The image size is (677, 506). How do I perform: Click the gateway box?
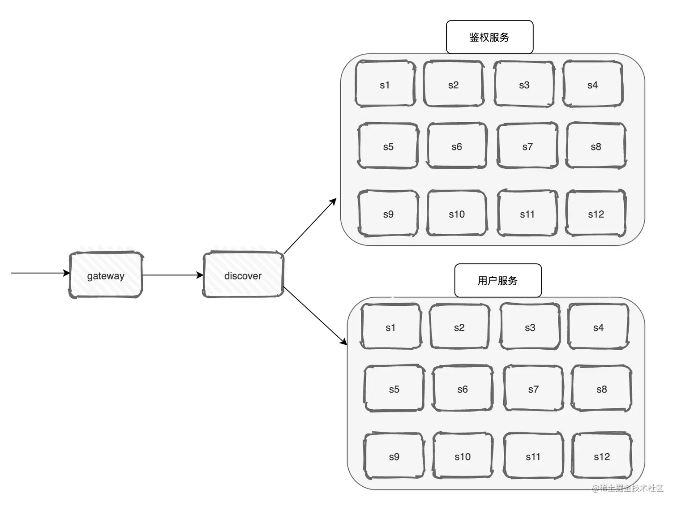tap(106, 275)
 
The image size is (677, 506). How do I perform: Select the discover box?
tap(243, 275)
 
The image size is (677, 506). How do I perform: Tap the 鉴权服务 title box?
tap(489, 37)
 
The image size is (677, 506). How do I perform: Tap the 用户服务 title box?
tap(497, 281)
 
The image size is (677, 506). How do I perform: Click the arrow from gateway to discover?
tap(172, 275)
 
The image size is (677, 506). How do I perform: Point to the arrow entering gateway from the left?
tap(40, 273)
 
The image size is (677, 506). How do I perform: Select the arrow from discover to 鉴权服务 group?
tap(310, 226)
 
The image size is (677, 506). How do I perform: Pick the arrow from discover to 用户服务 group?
tap(315, 316)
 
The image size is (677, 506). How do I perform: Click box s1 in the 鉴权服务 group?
tap(385, 84)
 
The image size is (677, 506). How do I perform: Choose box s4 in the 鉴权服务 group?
tap(592, 84)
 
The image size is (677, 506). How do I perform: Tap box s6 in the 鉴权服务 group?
tap(457, 146)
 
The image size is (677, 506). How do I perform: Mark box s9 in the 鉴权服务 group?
tap(388, 214)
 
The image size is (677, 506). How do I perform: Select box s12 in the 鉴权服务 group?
tap(596, 214)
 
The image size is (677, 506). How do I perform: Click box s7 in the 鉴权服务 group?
tap(527, 146)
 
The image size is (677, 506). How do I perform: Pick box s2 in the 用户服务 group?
tap(459, 327)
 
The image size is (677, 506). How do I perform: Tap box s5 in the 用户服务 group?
tap(394, 389)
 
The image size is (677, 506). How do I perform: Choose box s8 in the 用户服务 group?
tap(602, 389)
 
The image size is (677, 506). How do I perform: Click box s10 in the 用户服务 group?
tap(463, 456)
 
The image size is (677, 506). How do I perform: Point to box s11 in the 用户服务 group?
tap(533, 456)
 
